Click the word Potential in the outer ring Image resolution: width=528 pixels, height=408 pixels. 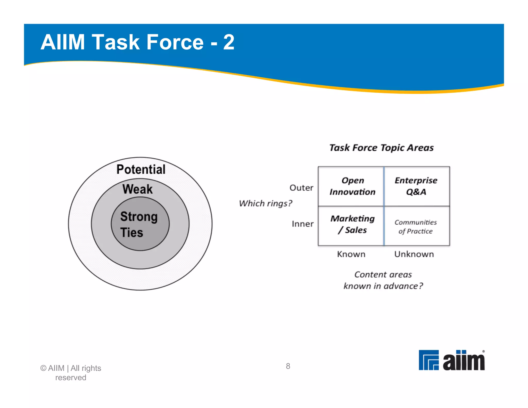[x=141, y=169]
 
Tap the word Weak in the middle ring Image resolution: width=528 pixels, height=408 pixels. [x=137, y=189]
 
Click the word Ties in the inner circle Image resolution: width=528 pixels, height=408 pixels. [x=131, y=232]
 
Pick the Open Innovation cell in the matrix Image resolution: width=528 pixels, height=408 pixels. [x=352, y=186]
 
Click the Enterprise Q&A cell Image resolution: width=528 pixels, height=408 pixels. [x=416, y=186]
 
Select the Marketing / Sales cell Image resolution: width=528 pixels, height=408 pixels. [x=352, y=224]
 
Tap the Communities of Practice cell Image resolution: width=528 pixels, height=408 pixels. [x=416, y=226]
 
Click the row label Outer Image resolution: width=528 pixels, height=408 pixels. [x=301, y=188]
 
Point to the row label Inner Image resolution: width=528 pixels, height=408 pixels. [x=302, y=224]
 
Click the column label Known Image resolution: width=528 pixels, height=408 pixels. [x=351, y=254]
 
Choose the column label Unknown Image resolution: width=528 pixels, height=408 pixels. [x=414, y=254]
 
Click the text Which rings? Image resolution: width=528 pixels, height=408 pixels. [x=266, y=203]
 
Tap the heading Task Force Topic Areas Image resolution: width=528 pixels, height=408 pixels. [x=382, y=148]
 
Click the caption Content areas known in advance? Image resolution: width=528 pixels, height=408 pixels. [x=383, y=280]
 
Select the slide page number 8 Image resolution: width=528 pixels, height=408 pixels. [x=288, y=366]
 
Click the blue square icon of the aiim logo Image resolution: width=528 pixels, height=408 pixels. [x=428, y=360]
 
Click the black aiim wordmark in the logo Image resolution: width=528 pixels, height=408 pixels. [x=464, y=361]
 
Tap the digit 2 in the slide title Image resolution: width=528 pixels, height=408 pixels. [x=229, y=42]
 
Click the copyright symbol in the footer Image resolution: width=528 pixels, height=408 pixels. [x=43, y=368]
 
